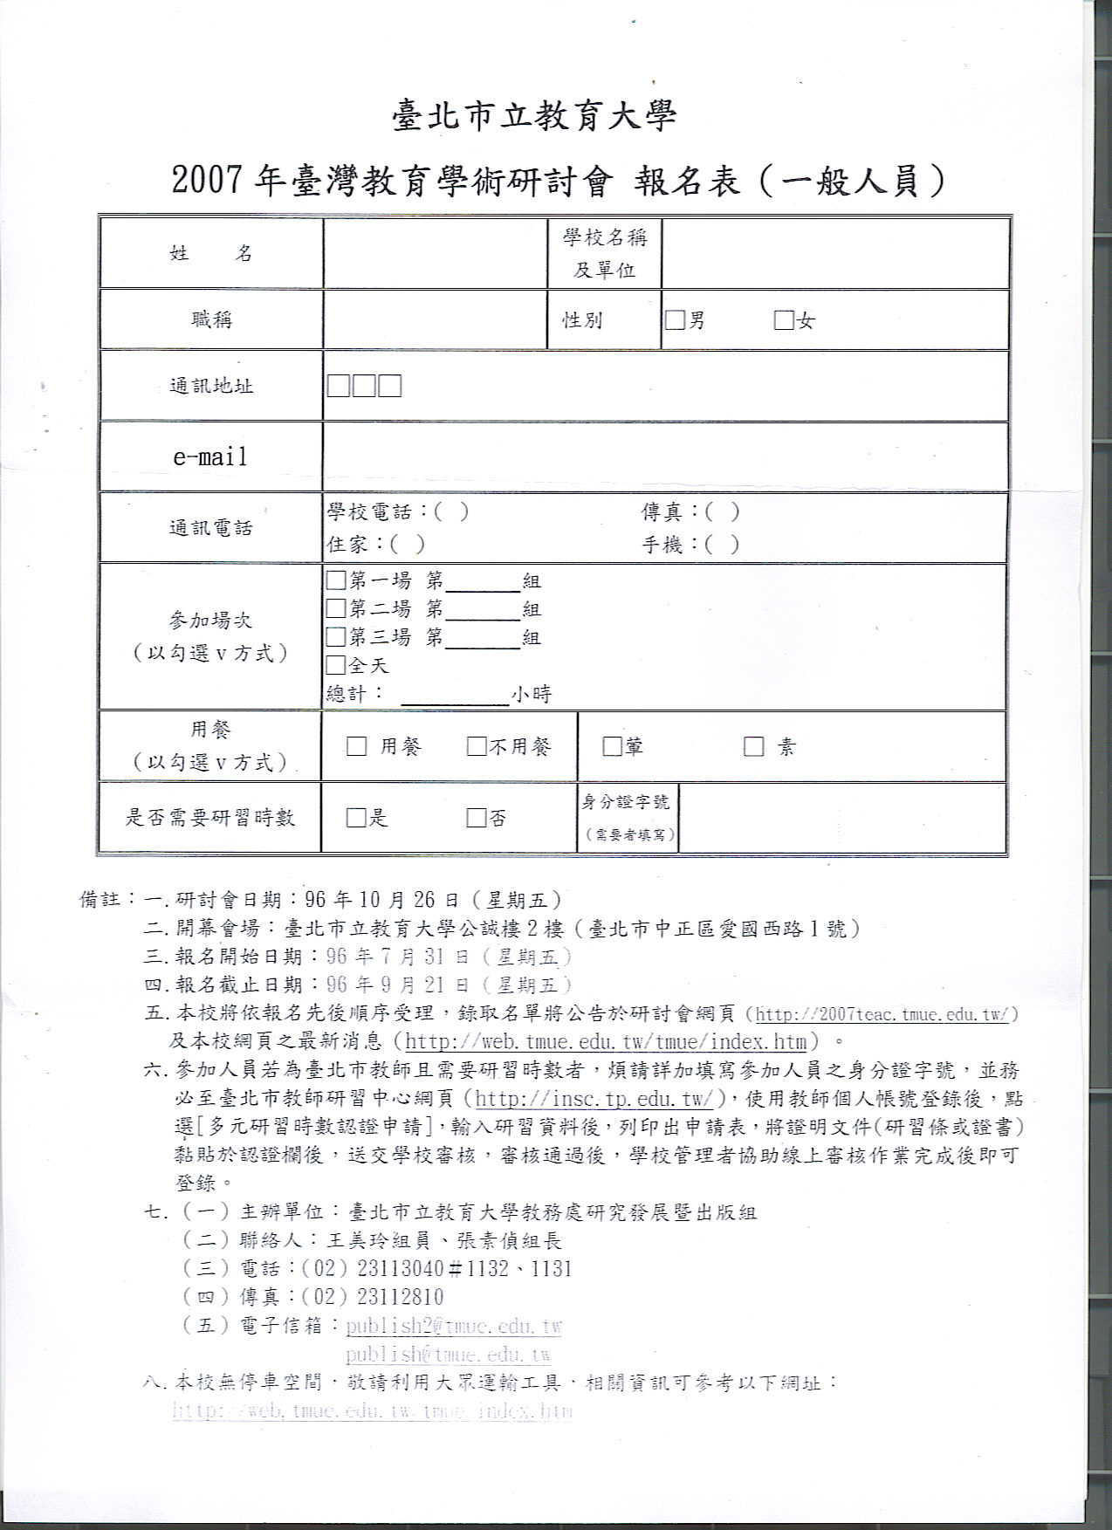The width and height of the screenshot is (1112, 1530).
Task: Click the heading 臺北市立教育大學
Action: [534, 115]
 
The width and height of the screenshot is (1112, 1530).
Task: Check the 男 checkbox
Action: [675, 320]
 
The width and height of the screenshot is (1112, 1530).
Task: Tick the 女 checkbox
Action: [784, 320]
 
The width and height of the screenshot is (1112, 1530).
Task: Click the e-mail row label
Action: [210, 456]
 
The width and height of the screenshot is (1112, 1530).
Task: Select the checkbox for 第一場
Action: [336, 580]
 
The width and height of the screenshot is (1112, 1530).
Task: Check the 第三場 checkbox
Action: [336, 637]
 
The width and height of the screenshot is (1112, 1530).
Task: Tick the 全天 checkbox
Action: [336, 665]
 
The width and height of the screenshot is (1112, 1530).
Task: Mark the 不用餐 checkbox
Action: [477, 746]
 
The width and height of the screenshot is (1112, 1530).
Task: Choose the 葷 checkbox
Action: [612, 746]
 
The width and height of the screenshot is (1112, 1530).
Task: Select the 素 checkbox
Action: [753, 746]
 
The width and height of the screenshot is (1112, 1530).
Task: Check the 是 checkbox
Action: [356, 818]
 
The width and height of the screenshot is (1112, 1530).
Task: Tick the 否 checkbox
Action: [477, 818]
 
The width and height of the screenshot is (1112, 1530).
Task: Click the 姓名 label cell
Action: [210, 253]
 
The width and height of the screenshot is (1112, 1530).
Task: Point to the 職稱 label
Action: [211, 319]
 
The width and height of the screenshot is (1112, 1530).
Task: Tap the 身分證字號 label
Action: [627, 802]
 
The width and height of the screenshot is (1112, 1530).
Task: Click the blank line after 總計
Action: [454, 696]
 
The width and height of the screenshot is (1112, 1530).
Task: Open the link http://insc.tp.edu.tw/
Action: [595, 1099]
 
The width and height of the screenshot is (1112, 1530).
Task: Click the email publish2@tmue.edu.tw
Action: [453, 1327]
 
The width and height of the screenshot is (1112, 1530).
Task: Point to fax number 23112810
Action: [401, 1297]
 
